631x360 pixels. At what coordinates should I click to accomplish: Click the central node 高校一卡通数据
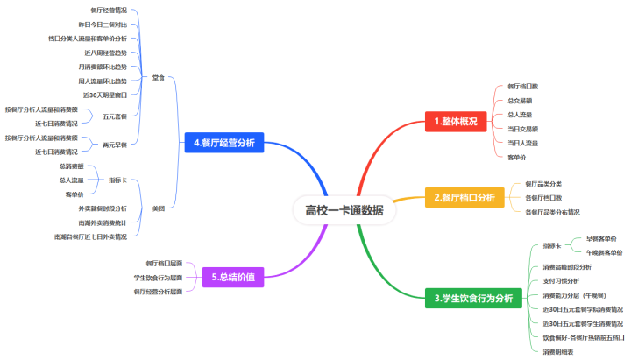337,209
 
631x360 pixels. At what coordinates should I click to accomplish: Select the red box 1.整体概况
455,122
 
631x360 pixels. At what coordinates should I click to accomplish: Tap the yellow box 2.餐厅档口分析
464,199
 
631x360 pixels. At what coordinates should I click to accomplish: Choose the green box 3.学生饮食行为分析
473,299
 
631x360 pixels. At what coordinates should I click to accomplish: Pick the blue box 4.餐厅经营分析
224,143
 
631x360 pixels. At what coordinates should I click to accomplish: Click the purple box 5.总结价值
233,277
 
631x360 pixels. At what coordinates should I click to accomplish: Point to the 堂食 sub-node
158,77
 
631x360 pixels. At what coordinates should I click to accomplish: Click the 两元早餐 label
115,145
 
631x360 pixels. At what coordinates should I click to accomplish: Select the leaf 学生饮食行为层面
152,277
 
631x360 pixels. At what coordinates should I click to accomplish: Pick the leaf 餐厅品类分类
544,184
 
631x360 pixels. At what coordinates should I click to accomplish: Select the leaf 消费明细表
558,351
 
